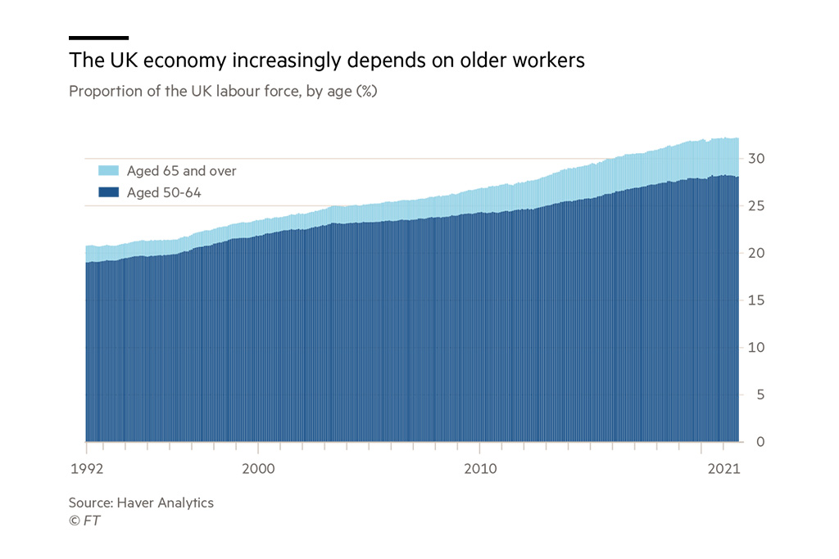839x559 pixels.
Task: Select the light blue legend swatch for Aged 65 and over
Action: [x=108, y=171]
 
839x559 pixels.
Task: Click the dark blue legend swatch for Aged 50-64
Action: [x=108, y=192]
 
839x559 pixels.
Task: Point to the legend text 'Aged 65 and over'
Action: [x=181, y=171]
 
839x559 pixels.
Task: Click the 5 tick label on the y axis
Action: [x=760, y=395]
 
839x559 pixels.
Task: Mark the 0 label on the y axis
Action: [x=760, y=442]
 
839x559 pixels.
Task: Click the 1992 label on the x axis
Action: [x=85, y=470]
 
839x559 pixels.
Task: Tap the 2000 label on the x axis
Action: [x=258, y=470]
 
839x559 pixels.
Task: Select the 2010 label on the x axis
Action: [x=479, y=470]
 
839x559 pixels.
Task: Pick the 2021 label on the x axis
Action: [x=723, y=470]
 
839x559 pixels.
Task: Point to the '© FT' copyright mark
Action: [x=84, y=521]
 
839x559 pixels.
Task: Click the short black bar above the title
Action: [x=98, y=38]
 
